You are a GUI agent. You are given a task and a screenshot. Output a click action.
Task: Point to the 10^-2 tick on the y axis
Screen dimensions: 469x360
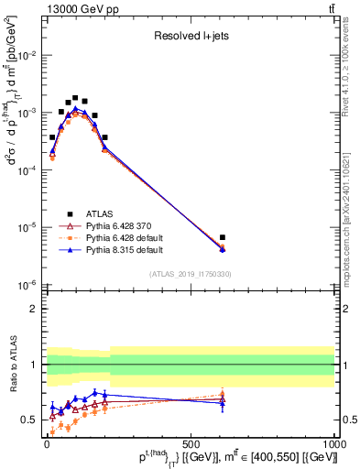28,55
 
